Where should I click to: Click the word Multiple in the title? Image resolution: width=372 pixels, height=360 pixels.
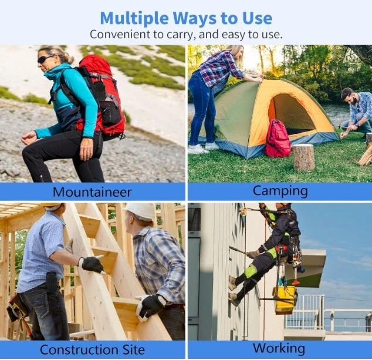click(x=134, y=19)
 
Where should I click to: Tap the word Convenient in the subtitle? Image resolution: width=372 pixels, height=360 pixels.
click(x=121, y=35)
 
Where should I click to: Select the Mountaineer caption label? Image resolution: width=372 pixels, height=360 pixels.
click(x=92, y=192)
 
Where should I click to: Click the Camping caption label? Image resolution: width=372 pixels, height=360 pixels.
click(x=280, y=191)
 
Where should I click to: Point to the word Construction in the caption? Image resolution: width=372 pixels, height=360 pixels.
click(x=79, y=349)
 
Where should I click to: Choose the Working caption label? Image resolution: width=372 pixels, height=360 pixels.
click(x=279, y=349)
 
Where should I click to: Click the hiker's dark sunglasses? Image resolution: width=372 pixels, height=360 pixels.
click(x=45, y=59)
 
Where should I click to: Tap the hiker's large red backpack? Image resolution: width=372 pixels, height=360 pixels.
click(x=102, y=97)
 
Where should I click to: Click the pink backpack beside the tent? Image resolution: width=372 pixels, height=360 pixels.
click(x=278, y=139)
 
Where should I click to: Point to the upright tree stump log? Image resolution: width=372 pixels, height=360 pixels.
click(x=304, y=157)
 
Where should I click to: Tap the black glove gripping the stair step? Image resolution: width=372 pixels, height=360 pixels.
click(x=92, y=264)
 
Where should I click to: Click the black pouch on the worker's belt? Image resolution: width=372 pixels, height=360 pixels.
click(x=52, y=282)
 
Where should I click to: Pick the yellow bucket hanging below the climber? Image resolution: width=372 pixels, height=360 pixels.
click(x=285, y=300)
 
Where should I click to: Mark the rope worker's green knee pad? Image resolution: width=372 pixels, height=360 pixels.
click(x=251, y=272)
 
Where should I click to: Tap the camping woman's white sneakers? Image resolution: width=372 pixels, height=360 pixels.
click(x=204, y=148)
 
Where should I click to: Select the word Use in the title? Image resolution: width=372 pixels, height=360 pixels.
click(x=258, y=18)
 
